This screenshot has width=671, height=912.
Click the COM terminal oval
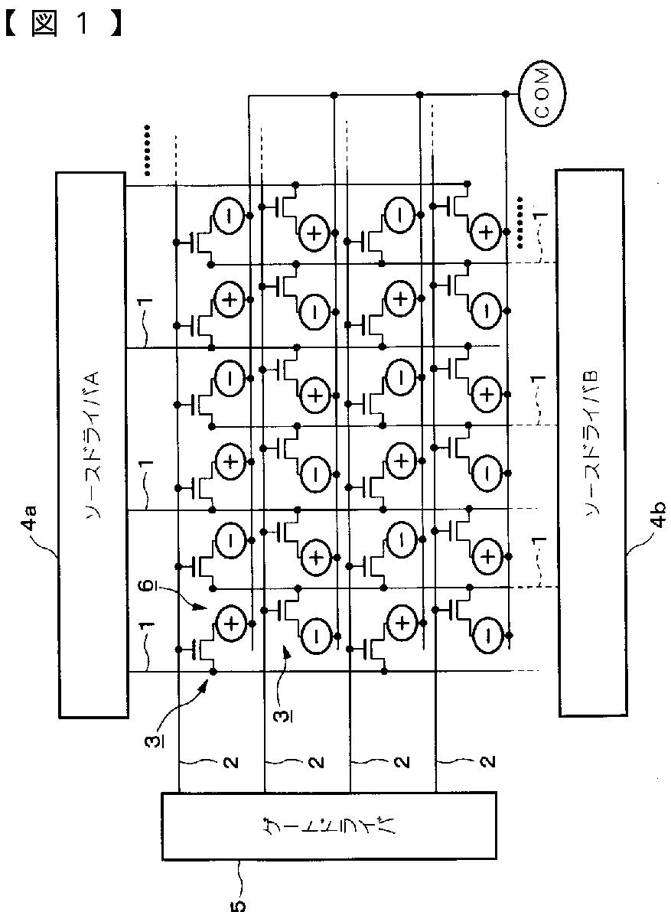tap(542, 93)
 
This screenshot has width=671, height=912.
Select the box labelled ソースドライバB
tap(592, 443)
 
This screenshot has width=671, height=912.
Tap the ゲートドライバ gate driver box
tap(329, 826)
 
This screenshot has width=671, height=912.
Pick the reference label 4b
tap(658, 516)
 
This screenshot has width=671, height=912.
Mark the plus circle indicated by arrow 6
tap(230, 624)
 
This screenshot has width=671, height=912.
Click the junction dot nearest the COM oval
tap(506, 93)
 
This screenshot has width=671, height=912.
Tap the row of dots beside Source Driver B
tap(520, 223)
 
